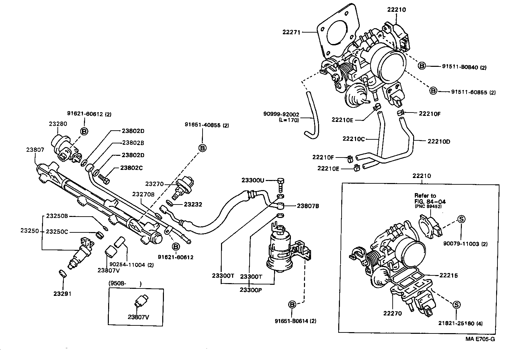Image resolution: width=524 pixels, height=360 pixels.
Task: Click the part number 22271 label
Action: click(292, 32)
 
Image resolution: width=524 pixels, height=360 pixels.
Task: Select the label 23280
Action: click(58, 124)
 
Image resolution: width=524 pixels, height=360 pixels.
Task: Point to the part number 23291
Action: click(62, 294)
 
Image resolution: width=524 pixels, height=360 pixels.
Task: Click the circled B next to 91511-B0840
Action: click(422, 66)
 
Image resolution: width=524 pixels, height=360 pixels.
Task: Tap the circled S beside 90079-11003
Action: click(462, 219)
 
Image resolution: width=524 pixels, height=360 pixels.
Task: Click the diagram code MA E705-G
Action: click(480, 339)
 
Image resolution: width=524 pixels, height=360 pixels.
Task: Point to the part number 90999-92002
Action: click(281, 115)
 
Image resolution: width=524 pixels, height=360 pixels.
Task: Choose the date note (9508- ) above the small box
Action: click(125, 283)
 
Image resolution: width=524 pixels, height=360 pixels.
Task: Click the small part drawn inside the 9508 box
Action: click(140, 300)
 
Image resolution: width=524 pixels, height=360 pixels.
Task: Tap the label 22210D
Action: click(439, 141)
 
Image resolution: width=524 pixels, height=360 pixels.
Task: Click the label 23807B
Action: click(308, 206)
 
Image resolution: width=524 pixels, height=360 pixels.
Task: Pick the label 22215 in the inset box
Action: click(448, 275)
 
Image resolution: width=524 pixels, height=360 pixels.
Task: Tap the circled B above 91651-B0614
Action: click(292, 305)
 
